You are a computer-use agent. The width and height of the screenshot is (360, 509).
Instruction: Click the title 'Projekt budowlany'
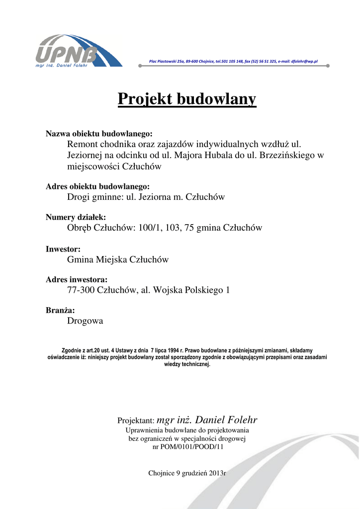(x=186, y=99)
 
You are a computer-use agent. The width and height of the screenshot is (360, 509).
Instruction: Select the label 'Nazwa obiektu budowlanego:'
(x=99, y=134)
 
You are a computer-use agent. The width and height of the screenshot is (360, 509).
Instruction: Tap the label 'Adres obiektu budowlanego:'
(x=97, y=186)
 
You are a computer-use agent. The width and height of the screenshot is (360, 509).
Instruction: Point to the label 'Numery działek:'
(x=76, y=217)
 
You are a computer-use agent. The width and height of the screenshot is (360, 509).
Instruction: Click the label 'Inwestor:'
(x=63, y=249)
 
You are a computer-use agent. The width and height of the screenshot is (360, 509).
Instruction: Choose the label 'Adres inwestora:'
(x=77, y=279)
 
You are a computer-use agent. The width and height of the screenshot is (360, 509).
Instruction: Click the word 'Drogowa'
(x=85, y=321)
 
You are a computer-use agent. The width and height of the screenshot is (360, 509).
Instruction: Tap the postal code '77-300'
(x=81, y=290)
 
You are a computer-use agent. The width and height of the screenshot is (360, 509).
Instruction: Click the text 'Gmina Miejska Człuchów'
(x=118, y=259)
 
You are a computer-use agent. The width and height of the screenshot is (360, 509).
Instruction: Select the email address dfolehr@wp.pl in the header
(x=304, y=62)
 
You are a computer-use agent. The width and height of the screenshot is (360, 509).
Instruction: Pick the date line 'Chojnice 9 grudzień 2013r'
(x=187, y=473)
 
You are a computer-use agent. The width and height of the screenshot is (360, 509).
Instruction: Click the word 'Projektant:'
(x=136, y=421)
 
